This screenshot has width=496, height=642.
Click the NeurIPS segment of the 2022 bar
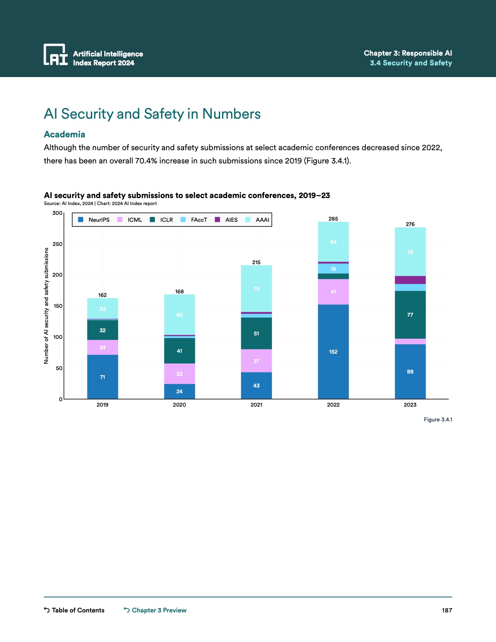coord(333,351)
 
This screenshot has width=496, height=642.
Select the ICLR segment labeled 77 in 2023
coord(410,315)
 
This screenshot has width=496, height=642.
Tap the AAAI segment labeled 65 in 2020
coord(179,315)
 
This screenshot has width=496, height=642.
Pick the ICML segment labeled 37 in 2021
coord(256,361)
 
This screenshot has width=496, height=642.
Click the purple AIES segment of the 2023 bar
coord(410,280)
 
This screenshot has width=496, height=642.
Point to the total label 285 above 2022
coord(333,219)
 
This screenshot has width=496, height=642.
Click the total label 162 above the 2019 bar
coord(102,295)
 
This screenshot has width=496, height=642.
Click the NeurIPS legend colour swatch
coord(81,220)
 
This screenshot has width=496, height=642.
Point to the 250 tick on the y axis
coord(58,244)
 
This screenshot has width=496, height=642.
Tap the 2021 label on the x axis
coord(256,405)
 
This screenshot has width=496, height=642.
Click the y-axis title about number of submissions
coord(46,306)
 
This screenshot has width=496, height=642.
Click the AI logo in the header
coord(56,54)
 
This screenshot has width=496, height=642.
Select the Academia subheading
coord(65,134)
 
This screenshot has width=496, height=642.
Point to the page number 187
coord(447,610)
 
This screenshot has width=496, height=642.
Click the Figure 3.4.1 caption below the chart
coord(438,419)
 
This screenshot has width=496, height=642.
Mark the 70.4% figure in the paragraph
coord(146,161)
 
